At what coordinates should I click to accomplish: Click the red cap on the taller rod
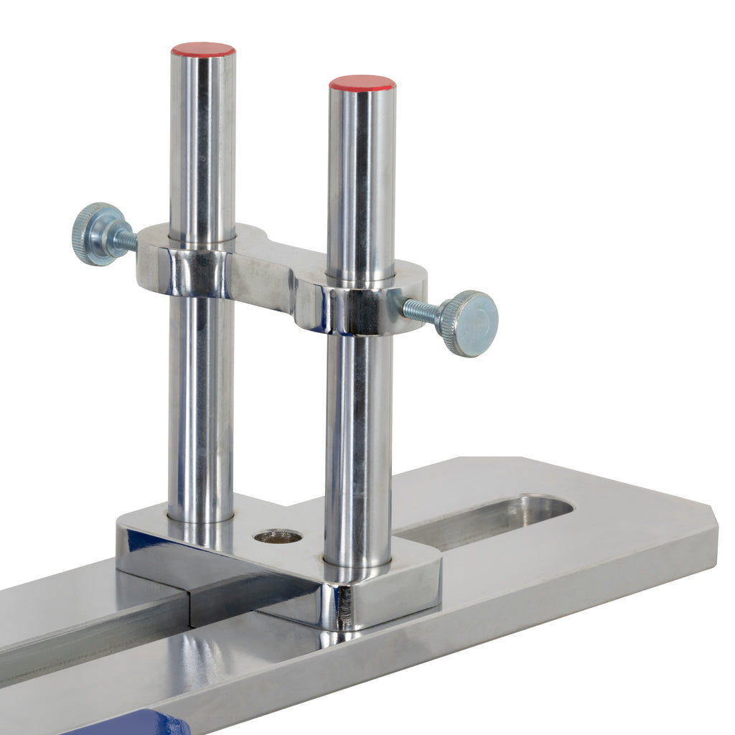203,50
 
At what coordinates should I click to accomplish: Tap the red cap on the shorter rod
362,83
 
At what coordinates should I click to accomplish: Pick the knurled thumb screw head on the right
471,323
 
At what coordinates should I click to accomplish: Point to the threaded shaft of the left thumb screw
125,239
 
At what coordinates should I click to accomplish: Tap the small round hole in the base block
278,535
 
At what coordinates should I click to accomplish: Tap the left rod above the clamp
202,144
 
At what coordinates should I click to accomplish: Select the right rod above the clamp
362,179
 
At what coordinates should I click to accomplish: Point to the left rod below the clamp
201,402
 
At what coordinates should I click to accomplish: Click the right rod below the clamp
357,445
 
